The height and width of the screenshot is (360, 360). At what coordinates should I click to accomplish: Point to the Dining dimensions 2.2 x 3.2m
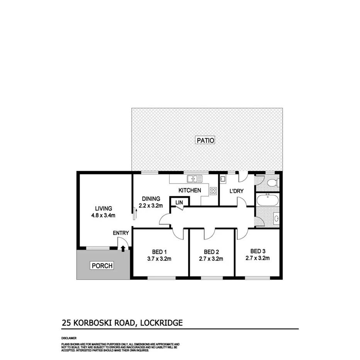(x=151, y=206)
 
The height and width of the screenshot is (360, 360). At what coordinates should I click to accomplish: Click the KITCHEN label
(x=189, y=190)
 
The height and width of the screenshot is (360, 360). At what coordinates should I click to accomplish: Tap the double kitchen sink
(x=194, y=178)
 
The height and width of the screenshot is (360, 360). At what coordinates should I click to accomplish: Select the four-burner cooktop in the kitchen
(x=213, y=190)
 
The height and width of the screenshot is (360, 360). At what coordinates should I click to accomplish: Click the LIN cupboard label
(x=179, y=203)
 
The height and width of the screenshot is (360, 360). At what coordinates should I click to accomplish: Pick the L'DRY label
(x=236, y=191)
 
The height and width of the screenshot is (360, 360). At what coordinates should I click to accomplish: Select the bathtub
(x=267, y=200)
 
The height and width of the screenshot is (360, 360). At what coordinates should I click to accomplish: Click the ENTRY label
(x=121, y=233)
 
